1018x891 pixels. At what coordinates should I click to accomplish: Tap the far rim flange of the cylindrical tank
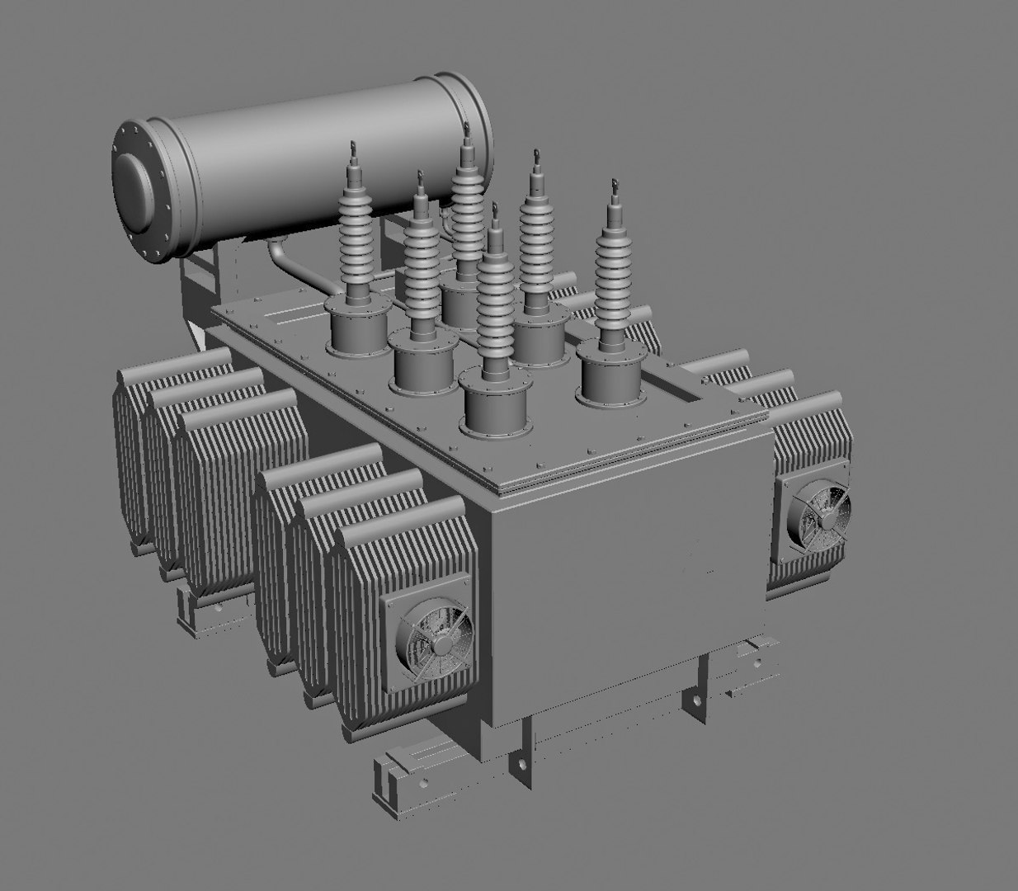point(474,124)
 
